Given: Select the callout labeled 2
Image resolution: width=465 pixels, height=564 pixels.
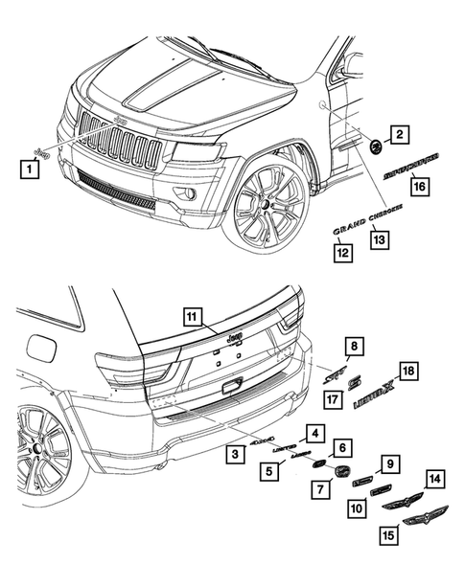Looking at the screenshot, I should click(x=400, y=136).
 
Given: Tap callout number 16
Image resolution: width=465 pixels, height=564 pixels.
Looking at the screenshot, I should click(x=419, y=188).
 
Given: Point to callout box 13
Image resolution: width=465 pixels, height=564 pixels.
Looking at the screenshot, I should click(x=380, y=239).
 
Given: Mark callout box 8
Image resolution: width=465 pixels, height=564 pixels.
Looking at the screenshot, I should click(x=355, y=346).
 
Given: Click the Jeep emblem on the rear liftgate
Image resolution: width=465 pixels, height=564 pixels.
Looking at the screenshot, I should click(x=233, y=338).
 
